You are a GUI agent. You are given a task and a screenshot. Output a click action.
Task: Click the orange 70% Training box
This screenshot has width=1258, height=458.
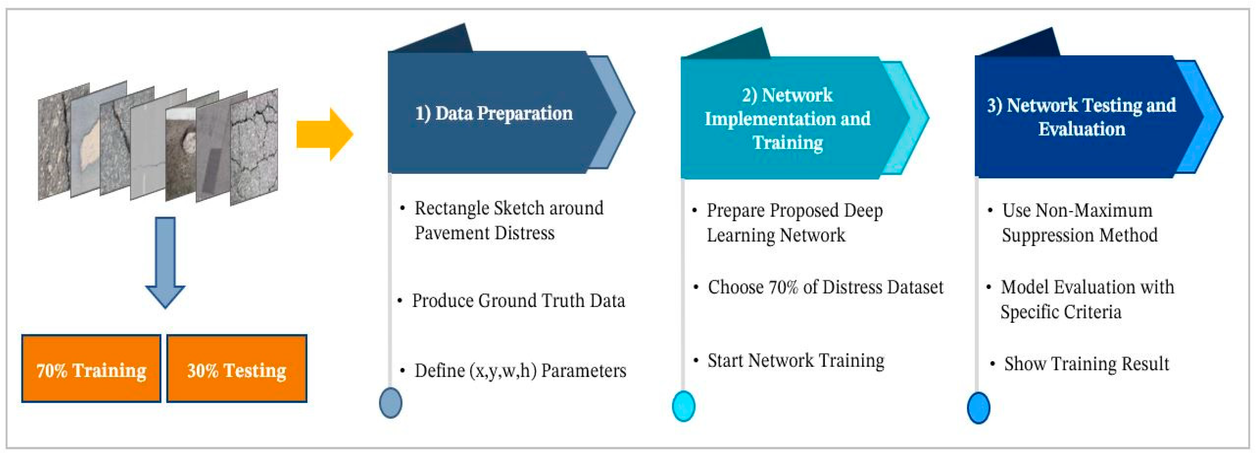click(91, 368)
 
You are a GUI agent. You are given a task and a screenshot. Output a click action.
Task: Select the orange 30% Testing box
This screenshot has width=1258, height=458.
click(237, 368)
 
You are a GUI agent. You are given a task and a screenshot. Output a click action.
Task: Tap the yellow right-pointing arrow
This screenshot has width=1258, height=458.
click(325, 134)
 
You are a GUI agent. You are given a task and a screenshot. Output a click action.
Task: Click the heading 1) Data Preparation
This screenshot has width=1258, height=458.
click(494, 113)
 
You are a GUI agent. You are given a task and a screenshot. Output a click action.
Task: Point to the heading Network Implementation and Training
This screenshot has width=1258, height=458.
click(787, 119)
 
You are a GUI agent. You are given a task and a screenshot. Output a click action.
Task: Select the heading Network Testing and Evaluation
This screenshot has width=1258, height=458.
click(1081, 117)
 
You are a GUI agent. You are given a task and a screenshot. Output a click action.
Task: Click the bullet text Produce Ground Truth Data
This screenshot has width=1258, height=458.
click(518, 301)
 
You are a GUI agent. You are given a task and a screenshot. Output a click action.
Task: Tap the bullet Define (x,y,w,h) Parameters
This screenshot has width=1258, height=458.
click(520, 371)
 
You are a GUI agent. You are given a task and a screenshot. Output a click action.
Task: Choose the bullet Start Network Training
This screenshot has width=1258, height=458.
click(796, 360)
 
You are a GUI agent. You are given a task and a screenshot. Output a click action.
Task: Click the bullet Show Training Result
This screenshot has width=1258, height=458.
click(1087, 364)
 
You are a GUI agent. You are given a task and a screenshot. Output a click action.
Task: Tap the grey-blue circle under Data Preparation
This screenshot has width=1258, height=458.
click(391, 403)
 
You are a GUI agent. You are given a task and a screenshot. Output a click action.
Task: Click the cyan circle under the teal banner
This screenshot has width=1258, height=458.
click(684, 406)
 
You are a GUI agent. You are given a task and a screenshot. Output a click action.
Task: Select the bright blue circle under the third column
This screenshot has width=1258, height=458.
click(979, 408)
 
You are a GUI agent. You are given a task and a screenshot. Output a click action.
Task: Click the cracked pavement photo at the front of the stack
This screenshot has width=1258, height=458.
click(254, 146)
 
